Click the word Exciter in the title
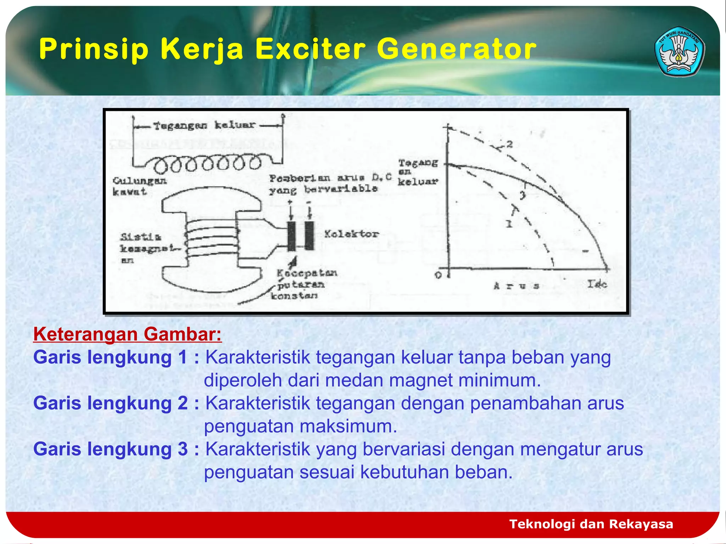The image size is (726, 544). pyautogui.click(x=310, y=49)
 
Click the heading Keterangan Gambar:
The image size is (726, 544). pyautogui.click(x=127, y=334)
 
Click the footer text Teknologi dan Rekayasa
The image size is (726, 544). pyautogui.click(x=591, y=524)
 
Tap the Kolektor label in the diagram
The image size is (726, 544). pyautogui.click(x=351, y=234)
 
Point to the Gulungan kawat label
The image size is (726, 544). pyautogui.click(x=139, y=186)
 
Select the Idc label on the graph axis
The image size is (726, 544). pyautogui.click(x=597, y=284)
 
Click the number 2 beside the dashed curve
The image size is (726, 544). pyautogui.click(x=509, y=144)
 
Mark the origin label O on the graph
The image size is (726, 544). pyautogui.click(x=438, y=275)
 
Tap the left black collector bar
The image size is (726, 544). pyautogui.click(x=291, y=236)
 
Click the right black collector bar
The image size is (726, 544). pyautogui.click(x=309, y=236)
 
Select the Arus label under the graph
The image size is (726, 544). pyautogui.click(x=516, y=285)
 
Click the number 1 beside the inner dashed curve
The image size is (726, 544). pyautogui.click(x=509, y=223)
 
